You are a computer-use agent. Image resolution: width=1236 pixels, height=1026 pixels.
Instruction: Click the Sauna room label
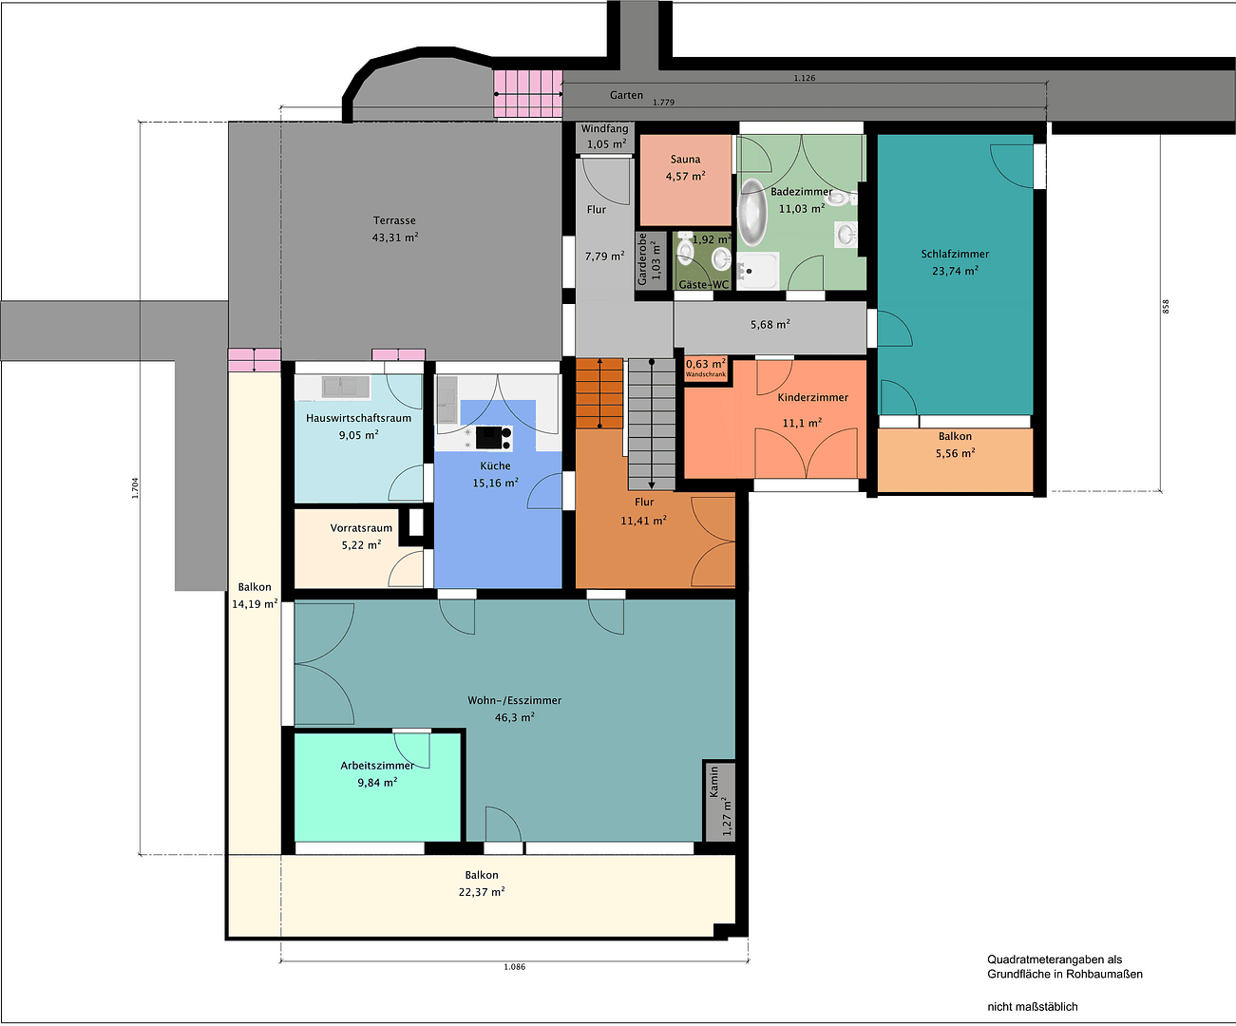click(x=686, y=160)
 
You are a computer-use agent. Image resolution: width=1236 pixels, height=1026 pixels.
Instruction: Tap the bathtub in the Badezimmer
click(x=752, y=212)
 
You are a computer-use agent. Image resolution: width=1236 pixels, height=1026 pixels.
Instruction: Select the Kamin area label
click(x=713, y=782)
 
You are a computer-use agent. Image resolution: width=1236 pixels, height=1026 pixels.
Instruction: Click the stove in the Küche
click(x=493, y=438)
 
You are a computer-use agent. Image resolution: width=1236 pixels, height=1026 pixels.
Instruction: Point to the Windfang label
click(x=604, y=128)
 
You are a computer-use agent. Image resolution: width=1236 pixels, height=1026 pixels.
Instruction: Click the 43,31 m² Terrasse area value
click(x=395, y=237)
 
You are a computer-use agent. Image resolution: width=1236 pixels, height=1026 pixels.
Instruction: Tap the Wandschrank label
click(x=706, y=374)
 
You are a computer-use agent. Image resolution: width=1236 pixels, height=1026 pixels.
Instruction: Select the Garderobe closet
click(x=651, y=259)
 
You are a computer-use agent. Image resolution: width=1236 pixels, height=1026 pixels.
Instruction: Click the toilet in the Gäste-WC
click(x=686, y=249)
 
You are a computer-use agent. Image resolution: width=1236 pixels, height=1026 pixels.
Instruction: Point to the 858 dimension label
click(x=1166, y=306)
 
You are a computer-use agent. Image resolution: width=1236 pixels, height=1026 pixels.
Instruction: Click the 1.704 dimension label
click(x=135, y=488)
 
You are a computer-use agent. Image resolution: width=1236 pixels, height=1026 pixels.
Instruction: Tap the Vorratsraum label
click(x=361, y=528)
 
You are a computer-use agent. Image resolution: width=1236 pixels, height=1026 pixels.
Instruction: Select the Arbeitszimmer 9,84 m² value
click(x=377, y=783)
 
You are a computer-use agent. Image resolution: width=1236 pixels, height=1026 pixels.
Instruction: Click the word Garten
click(x=626, y=95)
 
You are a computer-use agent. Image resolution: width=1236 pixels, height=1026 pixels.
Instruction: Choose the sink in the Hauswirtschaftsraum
click(x=346, y=388)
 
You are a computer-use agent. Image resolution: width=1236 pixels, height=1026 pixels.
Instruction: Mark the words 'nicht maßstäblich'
click(x=1033, y=1006)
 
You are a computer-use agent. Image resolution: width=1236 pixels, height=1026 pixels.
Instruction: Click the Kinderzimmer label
click(x=812, y=397)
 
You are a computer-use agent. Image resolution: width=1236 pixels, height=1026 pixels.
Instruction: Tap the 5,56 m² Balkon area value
click(x=955, y=453)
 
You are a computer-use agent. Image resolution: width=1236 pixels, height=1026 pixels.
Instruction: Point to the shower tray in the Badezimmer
click(x=758, y=271)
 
